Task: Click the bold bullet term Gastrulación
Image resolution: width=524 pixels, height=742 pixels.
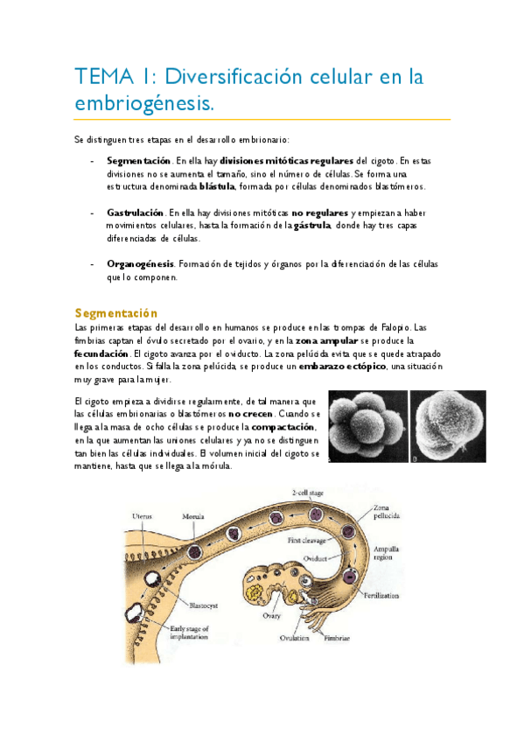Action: (x=135, y=213)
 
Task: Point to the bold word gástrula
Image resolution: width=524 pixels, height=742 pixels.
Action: (x=312, y=225)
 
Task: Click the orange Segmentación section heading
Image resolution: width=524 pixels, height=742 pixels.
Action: (x=116, y=312)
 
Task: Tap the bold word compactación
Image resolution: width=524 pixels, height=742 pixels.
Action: (x=290, y=426)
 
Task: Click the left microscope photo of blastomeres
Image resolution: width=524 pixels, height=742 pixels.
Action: (x=367, y=426)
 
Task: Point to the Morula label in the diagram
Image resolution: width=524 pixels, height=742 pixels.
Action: (x=192, y=516)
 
